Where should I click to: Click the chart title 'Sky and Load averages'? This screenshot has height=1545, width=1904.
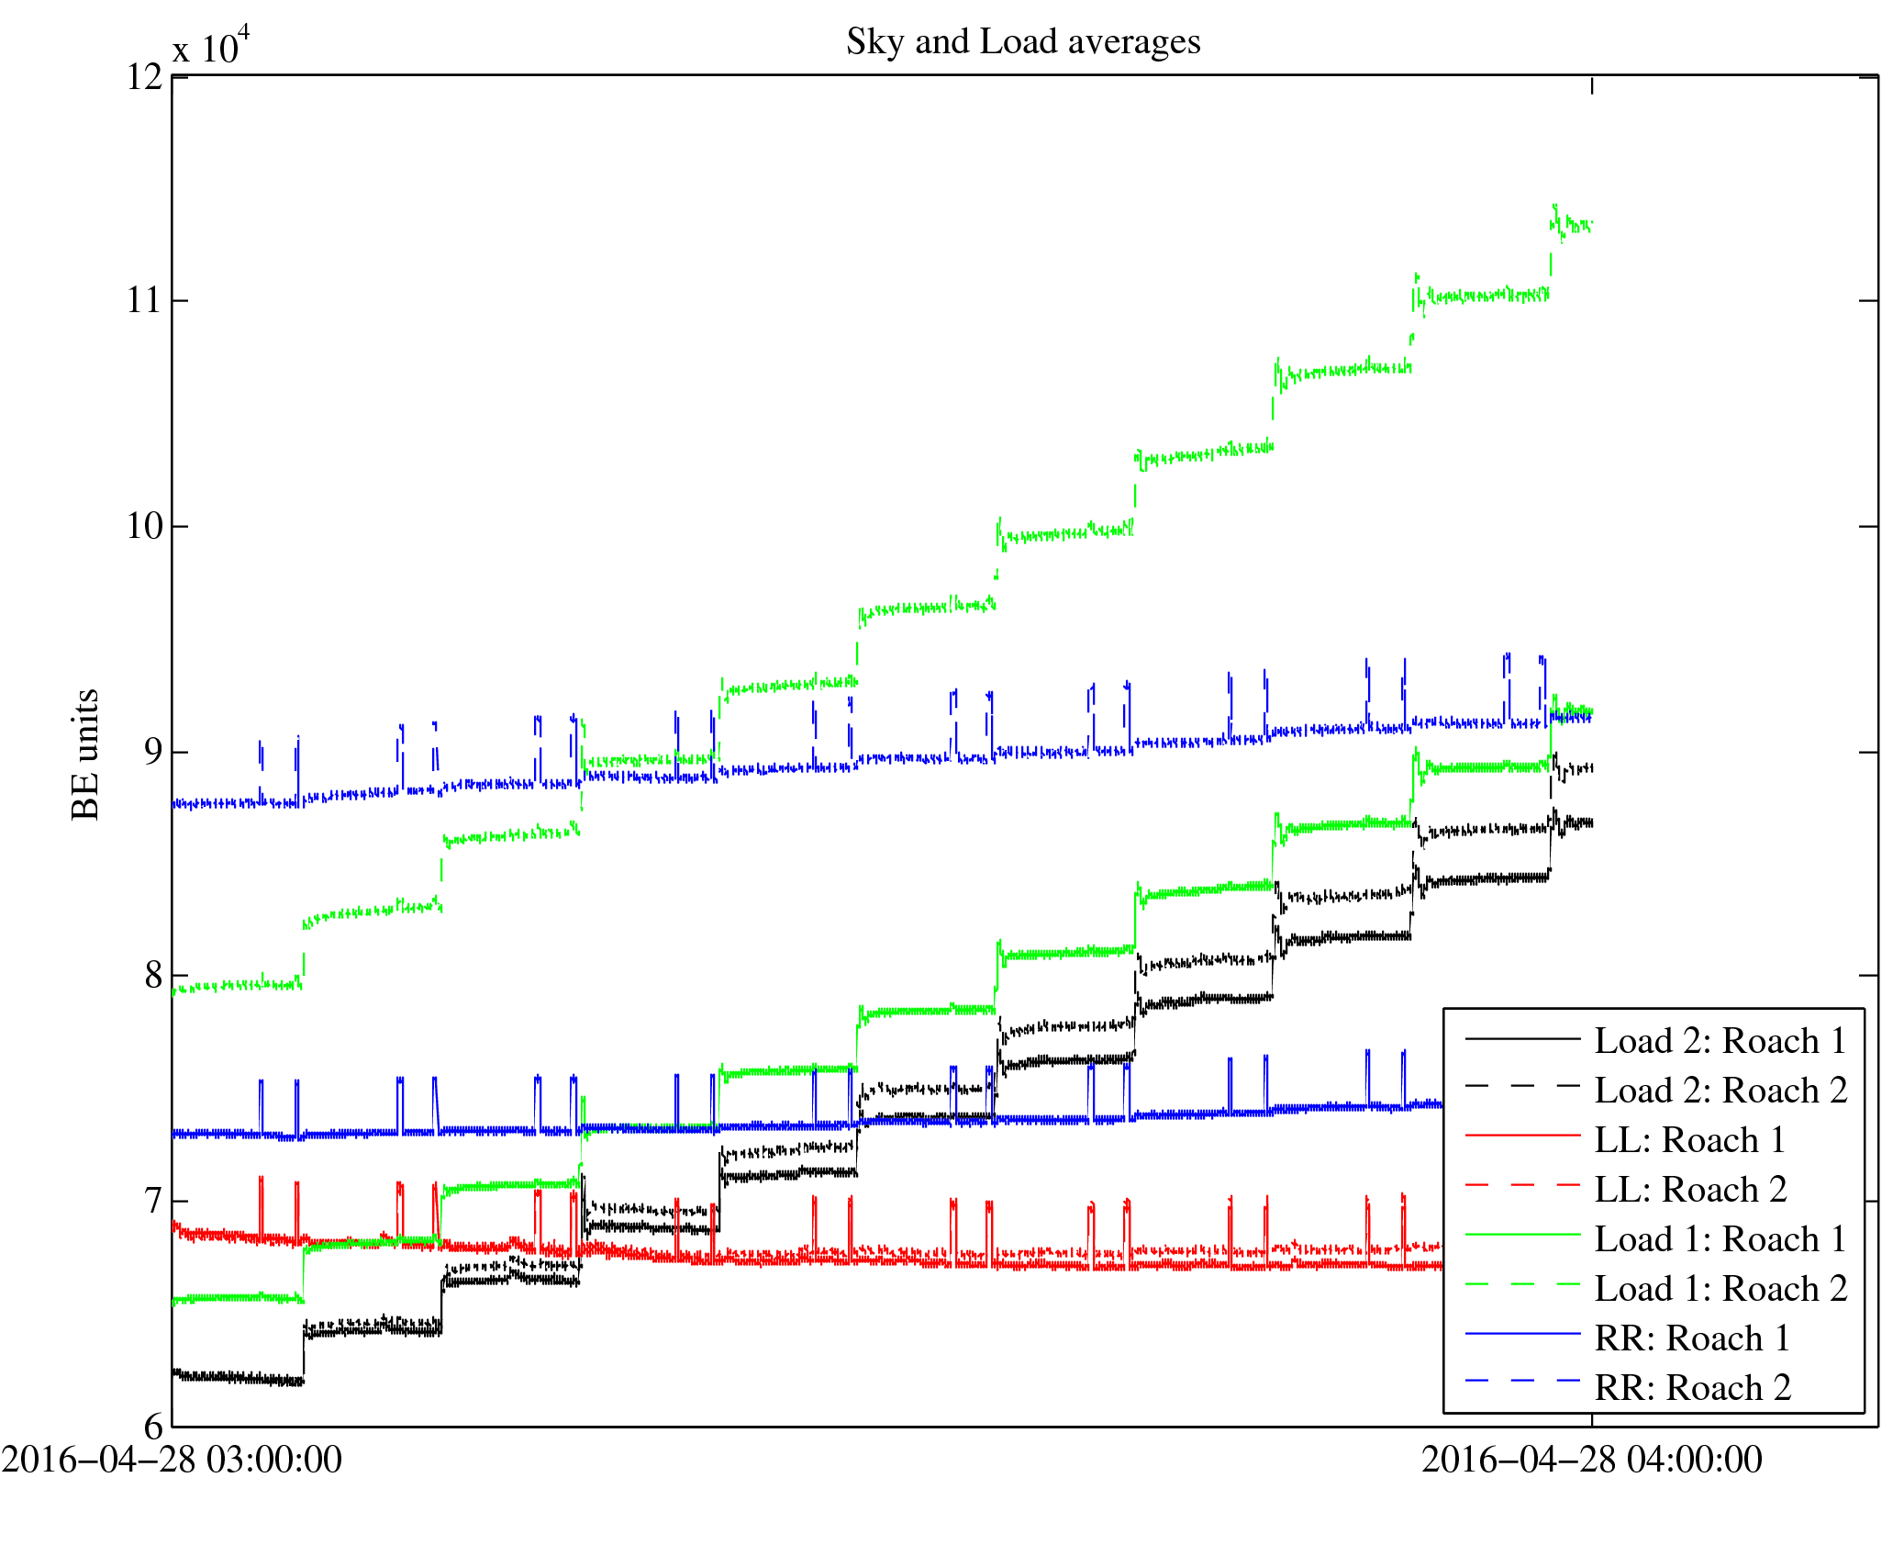(x=1023, y=42)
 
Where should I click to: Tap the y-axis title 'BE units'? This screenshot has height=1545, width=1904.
(x=85, y=754)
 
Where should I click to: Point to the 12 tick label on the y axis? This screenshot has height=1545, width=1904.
(x=145, y=77)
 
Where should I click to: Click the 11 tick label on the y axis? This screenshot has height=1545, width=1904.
(x=145, y=301)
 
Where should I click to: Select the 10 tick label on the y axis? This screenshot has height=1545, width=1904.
(x=145, y=527)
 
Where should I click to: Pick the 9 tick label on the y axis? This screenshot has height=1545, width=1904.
(x=153, y=752)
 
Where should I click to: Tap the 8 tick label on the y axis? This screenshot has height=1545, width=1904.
(x=153, y=976)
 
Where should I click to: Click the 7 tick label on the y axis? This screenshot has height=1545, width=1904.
(x=153, y=1201)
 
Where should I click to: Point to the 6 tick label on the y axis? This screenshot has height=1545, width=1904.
(x=153, y=1426)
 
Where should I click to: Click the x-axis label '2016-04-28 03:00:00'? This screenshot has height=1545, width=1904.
(x=173, y=1460)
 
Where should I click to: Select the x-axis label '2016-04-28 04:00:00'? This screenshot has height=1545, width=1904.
(x=1592, y=1460)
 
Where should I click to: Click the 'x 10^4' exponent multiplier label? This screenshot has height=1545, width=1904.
(x=211, y=46)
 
